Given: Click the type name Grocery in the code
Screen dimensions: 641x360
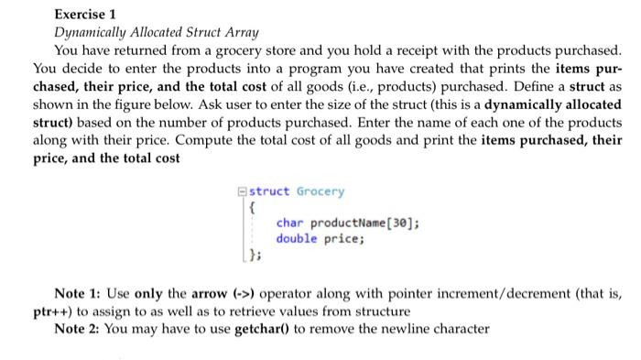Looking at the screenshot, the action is tap(320, 191).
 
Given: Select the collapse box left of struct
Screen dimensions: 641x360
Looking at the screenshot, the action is tap(241, 191).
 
